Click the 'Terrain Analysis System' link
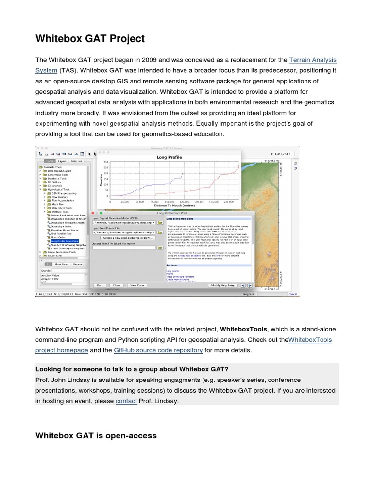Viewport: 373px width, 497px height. [312, 60]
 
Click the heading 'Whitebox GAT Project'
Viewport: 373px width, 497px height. [90, 38]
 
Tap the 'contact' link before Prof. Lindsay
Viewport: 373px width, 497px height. [126, 401]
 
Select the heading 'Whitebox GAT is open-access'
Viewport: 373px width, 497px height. [96, 435]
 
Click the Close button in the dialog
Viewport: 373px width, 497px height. [116, 285]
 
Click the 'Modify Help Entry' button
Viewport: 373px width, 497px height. [223, 285]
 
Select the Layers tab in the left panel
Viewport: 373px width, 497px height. [62, 161]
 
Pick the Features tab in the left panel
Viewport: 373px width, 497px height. [77, 161]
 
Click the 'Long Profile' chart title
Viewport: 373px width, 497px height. [170, 157]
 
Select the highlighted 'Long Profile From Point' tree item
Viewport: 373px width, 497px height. [64, 241]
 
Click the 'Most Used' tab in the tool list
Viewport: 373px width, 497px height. [61, 264]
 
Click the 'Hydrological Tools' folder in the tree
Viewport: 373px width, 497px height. [59, 190]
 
